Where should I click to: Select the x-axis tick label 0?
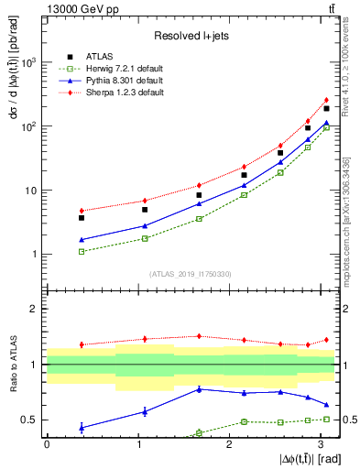pyautogui.click(x=47, y=443)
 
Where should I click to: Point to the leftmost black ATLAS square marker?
pyautogui.click(x=82, y=218)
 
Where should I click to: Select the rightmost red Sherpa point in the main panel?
pyautogui.click(x=326, y=100)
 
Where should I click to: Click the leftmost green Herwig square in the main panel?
pyautogui.click(x=82, y=251)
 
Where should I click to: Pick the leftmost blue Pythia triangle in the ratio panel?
pyautogui.click(x=82, y=427)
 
